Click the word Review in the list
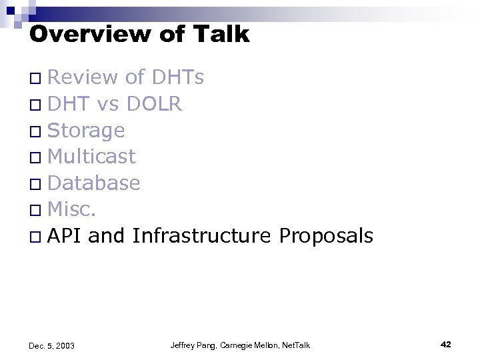[84, 78]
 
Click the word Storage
[86, 131]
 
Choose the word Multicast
[92, 157]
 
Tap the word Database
[94, 183]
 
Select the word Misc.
[73, 209]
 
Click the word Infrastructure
[201, 235]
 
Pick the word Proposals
[326, 235]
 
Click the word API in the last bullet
[65, 235]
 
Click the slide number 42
[446, 344]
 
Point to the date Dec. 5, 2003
[52, 345]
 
